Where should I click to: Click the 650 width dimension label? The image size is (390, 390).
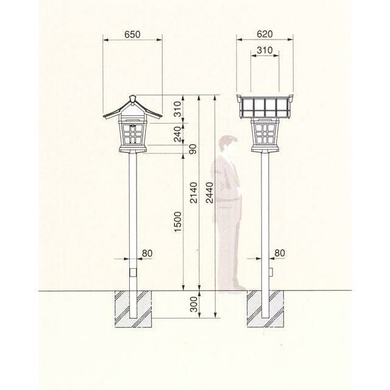[x=132, y=34]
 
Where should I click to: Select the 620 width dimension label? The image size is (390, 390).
[x=264, y=34]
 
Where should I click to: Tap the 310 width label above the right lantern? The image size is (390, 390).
[x=264, y=50]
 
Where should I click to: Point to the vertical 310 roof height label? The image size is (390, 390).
[x=178, y=109]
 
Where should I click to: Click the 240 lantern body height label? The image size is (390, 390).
[x=178, y=134]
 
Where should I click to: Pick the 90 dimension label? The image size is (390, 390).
[x=193, y=149]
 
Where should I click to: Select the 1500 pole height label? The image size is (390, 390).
[x=178, y=222]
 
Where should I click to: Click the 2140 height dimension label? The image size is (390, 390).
[x=194, y=193]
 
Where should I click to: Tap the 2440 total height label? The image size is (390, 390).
[x=210, y=193]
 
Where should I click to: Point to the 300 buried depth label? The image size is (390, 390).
[x=194, y=304]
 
